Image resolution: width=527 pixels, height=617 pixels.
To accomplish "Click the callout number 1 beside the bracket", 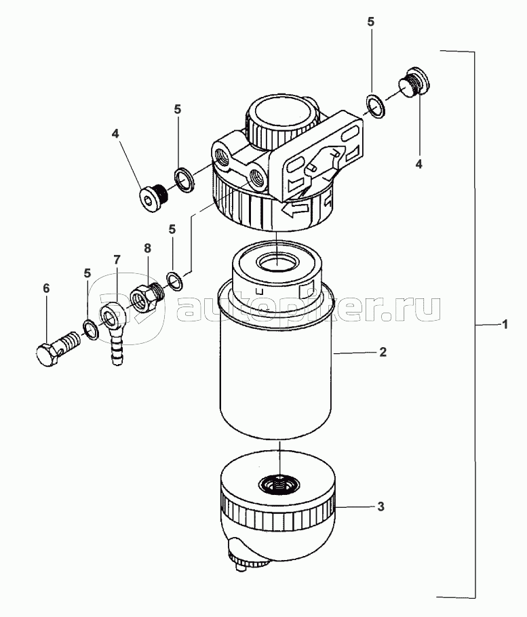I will click(x=505, y=325).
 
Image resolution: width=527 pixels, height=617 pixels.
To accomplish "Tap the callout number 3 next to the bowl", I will click(x=381, y=506).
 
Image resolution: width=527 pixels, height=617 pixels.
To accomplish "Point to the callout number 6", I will click(x=46, y=289).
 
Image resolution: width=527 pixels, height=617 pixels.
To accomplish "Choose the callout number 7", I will click(x=117, y=260).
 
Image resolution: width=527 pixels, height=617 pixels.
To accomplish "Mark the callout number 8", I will click(x=147, y=249).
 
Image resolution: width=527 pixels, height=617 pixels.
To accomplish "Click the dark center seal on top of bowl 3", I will click(x=279, y=484).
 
